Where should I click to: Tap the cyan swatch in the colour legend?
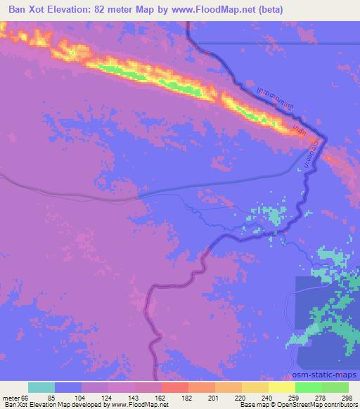(41, 387)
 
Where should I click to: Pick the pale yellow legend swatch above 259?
(281, 387)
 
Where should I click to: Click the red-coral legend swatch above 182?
(174, 387)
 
